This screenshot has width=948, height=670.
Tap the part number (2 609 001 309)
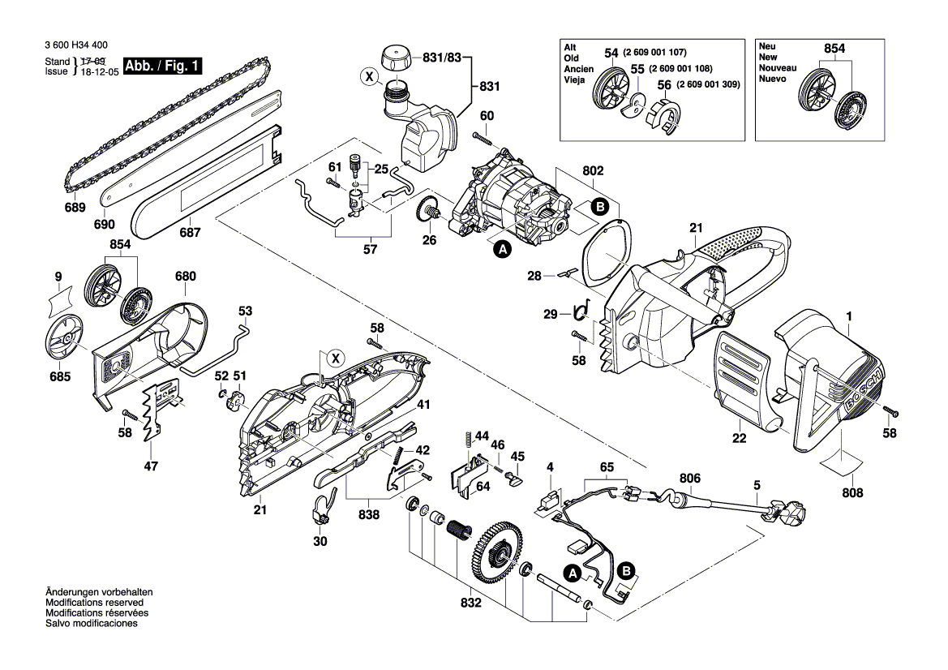(708, 84)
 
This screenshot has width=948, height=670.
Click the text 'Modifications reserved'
(95, 603)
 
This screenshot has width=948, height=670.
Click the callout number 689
(75, 208)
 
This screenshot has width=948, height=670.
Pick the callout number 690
(105, 224)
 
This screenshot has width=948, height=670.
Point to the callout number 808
(852, 492)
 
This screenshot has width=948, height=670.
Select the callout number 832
(471, 603)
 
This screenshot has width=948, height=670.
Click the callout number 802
(594, 172)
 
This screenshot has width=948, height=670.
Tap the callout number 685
(59, 376)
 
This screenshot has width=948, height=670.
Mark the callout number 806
(689, 479)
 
